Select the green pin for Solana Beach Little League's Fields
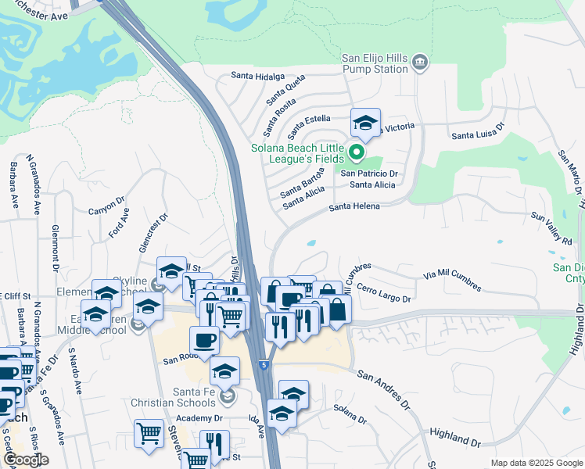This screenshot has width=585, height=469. (357, 152)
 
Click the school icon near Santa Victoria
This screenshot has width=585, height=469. (364, 123)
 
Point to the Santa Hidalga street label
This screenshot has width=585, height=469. (258, 76)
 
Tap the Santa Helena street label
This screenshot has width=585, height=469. (354, 206)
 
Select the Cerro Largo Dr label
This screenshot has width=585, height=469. (384, 293)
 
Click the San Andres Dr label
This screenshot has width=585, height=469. (383, 388)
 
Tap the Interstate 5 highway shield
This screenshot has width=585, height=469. (265, 364)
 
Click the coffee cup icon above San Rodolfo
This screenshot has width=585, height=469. (205, 340)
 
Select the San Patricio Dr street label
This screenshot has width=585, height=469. (369, 174)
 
